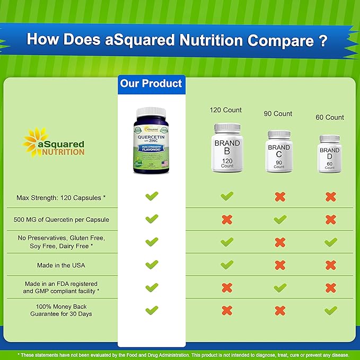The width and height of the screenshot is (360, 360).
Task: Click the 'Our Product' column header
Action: point(151,84)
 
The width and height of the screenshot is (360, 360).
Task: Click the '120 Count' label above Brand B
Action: point(226,110)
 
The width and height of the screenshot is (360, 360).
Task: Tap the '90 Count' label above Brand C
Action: point(278,113)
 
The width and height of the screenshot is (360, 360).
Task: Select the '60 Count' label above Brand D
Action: point(329,117)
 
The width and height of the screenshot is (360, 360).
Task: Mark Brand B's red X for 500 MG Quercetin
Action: point(227,219)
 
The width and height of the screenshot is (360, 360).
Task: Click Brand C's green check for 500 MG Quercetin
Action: point(279,219)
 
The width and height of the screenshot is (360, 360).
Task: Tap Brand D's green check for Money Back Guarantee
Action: point(330,310)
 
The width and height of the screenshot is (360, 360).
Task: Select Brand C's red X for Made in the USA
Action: point(279,265)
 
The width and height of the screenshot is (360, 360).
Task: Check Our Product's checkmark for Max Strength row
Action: point(152,197)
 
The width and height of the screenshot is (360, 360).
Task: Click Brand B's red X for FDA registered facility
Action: point(227,287)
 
